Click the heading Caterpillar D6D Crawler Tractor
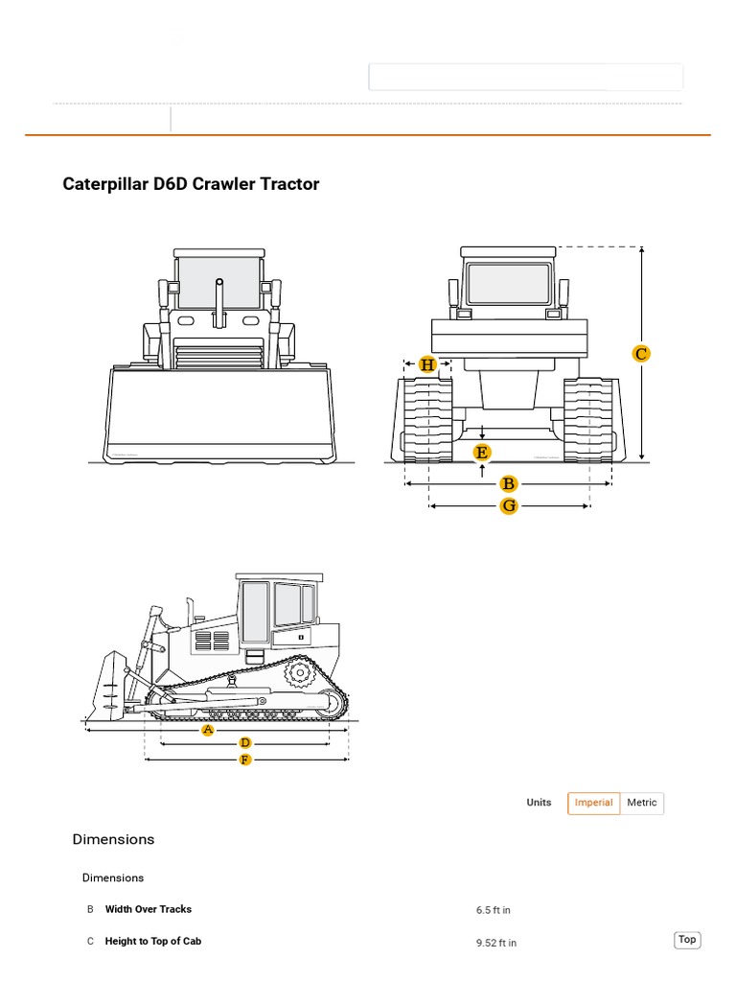(x=191, y=184)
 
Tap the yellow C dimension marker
(x=641, y=354)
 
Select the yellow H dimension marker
(x=427, y=364)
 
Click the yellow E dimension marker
(x=482, y=452)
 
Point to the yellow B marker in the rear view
(x=509, y=484)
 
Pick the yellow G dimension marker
(x=509, y=505)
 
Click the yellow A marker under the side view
(x=208, y=730)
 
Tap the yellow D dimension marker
(x=245, y=743)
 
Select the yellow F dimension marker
(x=245, y=760)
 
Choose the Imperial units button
(x=593, y=803)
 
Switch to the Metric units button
(x=642, y=803)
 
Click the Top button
(x=687, y=940)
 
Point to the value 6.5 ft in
(x=494, y=910)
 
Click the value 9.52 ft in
(x=496, y=943)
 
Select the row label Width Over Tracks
(x=149, y=909)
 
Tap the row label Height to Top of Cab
(x=153, y=942)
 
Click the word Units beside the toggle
(x=539, y=803)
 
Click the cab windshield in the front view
(x=218, y=281)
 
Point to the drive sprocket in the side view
(x=301, y=674)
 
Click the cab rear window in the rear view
(x=508, y=284)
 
